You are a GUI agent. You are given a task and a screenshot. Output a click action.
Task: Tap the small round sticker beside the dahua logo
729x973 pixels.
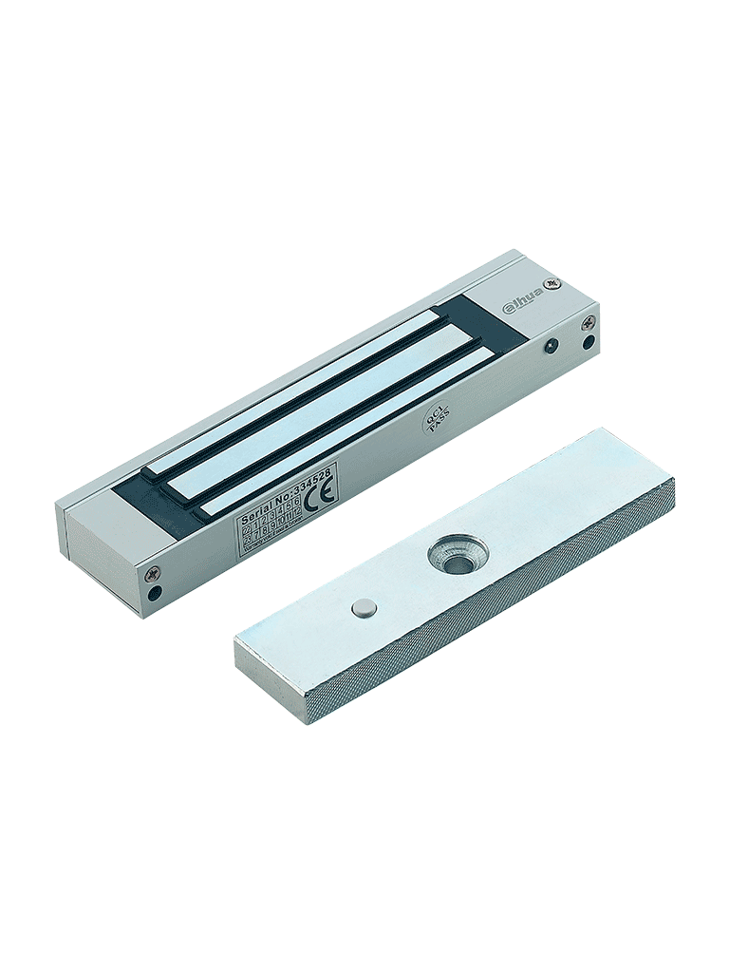click(x=558, y=282)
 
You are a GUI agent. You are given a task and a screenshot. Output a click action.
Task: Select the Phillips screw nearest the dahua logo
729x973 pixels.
click(x=589, y=321)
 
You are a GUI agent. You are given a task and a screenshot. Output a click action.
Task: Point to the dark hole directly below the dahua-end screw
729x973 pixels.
click(x=589, y=341)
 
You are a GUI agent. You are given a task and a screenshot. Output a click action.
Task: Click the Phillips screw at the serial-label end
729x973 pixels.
click(x=150, y=574)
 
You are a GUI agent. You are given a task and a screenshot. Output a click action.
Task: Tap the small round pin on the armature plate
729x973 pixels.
click(x=363, y=609)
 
